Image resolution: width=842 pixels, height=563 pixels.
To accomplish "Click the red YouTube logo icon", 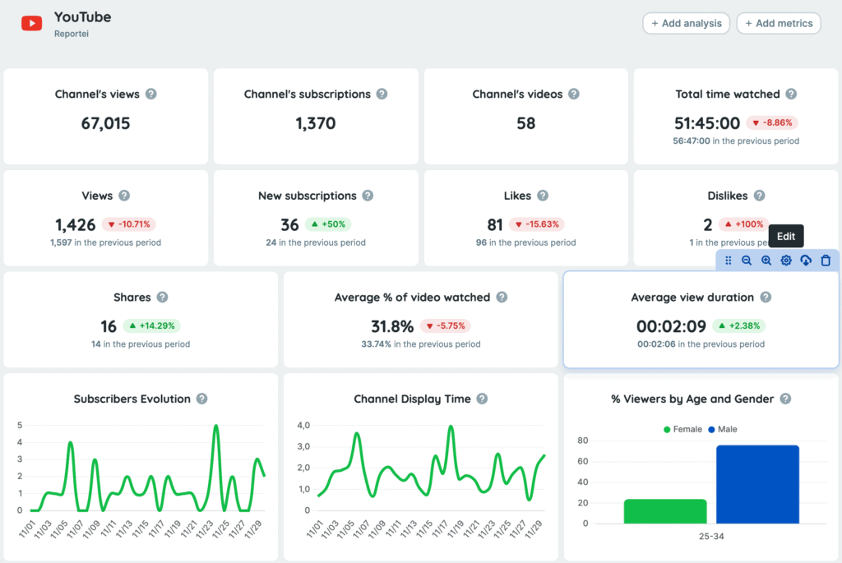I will click(32, 23).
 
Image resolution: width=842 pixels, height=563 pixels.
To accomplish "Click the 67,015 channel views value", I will click(105, 123).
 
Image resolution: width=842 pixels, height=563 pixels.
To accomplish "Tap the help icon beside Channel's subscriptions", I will click(382, 94).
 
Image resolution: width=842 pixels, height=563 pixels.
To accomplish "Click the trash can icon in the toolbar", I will click(826, 261).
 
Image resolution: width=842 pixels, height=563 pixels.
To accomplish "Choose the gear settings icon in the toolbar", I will click(786, 261).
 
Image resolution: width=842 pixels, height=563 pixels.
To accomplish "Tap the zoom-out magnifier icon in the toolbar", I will click(747, 261).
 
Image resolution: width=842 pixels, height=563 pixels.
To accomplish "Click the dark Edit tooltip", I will click(786, 237).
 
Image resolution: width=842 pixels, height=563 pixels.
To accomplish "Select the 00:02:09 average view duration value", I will click(671, 326).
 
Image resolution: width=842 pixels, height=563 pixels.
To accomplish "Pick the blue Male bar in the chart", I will click(757, 484).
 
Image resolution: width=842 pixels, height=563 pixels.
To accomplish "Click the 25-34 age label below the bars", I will click(711, 536).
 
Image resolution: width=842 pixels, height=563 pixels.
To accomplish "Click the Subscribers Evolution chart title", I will click(132, 399).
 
